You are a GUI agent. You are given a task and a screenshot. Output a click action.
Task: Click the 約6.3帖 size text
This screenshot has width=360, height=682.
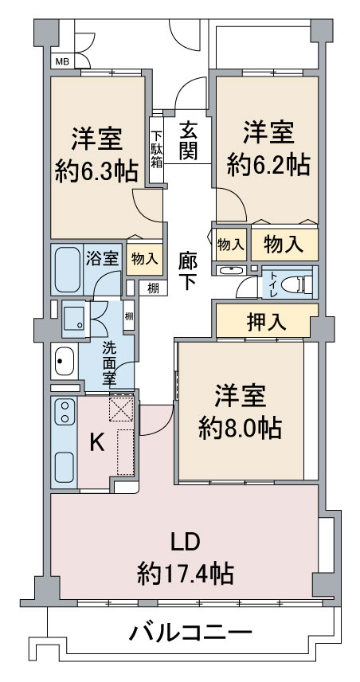point(96,170)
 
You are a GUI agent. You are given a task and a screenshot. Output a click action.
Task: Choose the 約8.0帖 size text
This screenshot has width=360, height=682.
point(239,428)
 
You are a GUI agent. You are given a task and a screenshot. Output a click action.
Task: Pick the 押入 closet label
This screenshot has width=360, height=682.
point(264,323)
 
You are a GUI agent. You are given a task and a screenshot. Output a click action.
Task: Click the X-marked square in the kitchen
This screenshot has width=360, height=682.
point(121,409)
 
